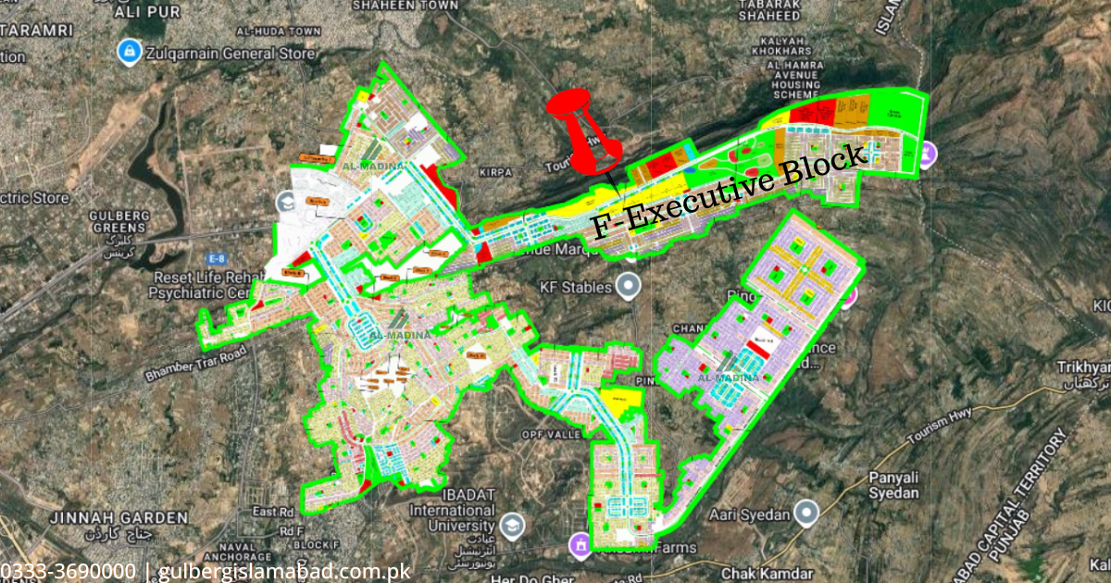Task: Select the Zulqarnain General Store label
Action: tap(230, 53)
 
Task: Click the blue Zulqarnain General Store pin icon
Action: tap(128, 52)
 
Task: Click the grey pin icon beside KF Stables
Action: tap(630, 285)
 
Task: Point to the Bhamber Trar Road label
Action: tap(195, 366)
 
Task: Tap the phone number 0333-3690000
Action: tap(68, 572)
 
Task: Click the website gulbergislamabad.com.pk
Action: tap(283, 572)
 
